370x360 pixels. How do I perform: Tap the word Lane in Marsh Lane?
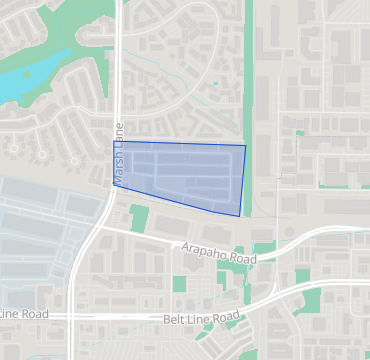coord(119,135)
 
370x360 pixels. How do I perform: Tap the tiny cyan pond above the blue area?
coord(214,84)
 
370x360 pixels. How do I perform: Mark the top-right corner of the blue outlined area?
coord(245,146)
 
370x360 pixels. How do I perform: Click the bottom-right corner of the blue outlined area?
coord(241,215)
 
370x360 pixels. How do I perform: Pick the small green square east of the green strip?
coord(299,132)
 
